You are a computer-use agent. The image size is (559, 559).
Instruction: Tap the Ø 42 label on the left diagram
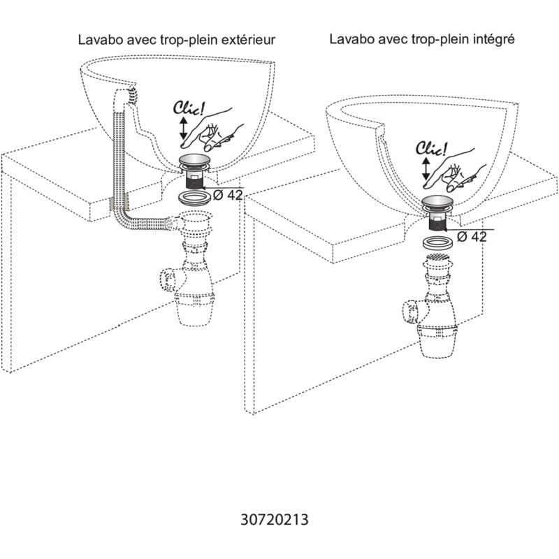point(227,196)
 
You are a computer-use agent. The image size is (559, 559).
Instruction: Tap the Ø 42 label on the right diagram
point(472,237)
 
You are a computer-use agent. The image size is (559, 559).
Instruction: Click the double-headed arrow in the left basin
point(183,129)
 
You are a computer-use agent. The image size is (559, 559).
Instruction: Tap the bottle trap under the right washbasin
point(436,307)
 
